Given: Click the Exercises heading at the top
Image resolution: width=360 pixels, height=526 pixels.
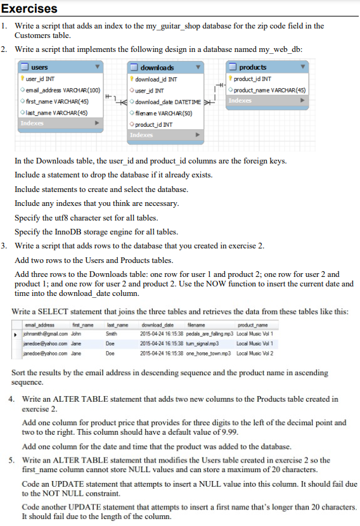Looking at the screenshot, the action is point(29,9).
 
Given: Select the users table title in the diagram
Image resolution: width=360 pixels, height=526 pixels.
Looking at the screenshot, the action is point(39,67).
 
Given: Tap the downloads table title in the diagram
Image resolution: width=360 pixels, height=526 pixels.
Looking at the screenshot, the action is point(157,67).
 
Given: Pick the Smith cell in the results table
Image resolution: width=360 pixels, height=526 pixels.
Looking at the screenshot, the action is point(111,333).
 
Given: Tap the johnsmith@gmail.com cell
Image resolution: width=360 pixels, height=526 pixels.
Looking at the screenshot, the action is point(40,333).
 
